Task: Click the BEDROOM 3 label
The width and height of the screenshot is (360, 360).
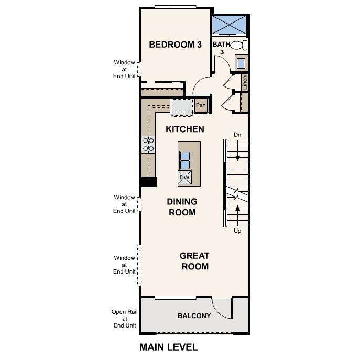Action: pyautogui.click(x=175, y=45)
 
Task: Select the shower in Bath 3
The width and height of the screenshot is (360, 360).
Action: pyautogui.click(x=228, y=24)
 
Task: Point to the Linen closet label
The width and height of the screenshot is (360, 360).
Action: pyautogui.click(x=244, y=82)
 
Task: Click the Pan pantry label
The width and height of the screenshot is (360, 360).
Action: pyautogui.click(x=201, y=105)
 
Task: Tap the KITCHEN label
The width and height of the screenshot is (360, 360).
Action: pyautogui.click(x=184, y=129)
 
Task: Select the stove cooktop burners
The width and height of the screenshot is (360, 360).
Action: pyautogui.click(x=148, y=144)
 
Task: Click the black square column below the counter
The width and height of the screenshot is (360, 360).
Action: pyautogui.click(x=148, y=181)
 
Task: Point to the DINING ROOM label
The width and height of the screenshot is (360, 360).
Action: pyautogui.click(x=182, y=207)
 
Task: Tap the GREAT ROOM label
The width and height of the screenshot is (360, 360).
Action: pyautogui.click(x=194, y=261)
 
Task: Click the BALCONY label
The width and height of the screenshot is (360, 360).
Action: pyautogui.click(x=194, y=315)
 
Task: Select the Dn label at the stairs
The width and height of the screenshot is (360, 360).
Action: pyautogui.click(x=237, y=135)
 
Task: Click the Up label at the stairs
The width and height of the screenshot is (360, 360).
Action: pyautogui.click(x=237, y=231)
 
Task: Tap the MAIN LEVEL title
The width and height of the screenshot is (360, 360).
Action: pyautogui.click(x=168, y=347)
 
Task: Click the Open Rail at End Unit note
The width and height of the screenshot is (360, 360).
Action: pyautogui.click(x=124, y=319)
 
